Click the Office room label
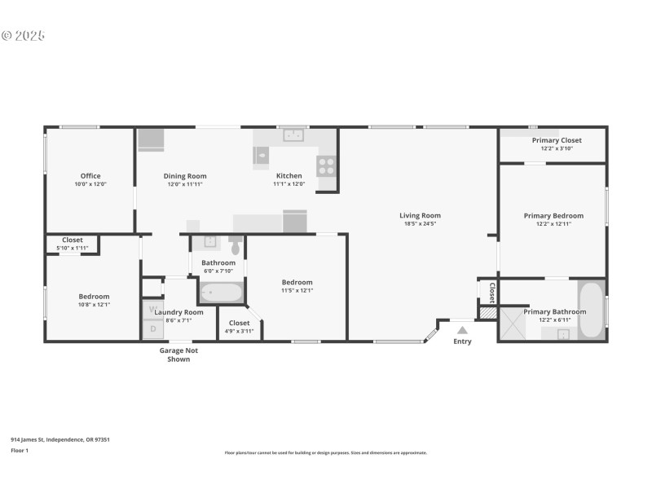(90, 176)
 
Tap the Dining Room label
(185, 176)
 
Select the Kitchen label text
(289, 176)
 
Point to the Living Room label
(420, 216)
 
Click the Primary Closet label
(557, 140)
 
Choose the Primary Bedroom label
(553, 216)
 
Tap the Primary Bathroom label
(554, 311)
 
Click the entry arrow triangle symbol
(462, 330)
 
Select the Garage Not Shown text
(178, 355)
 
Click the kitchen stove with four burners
(327, 165)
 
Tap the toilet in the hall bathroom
(236, 245)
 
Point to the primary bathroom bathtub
(591, 309)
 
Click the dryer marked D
(152, 329)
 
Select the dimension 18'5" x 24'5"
(420, 223)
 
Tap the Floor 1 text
(20, 450)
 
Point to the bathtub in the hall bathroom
(221, 292)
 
